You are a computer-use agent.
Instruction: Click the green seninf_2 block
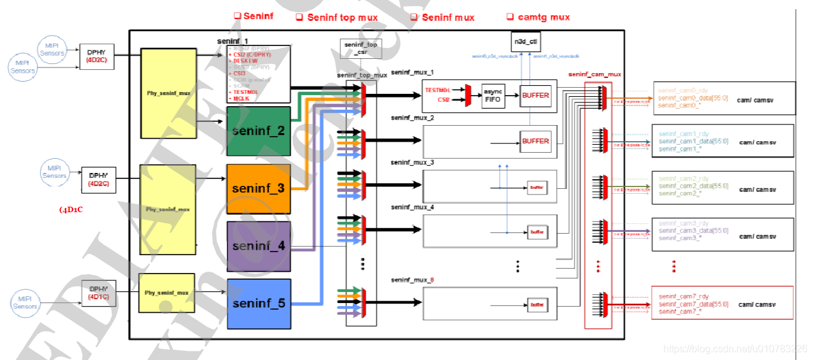(258, 131)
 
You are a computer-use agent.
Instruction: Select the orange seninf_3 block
(258, 188)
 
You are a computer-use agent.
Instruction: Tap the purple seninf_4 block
(258, 246)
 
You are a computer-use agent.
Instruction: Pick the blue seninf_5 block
(258, 303)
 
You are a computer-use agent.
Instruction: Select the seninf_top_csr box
(361, 49)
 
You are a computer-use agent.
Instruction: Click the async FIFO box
(493, 95)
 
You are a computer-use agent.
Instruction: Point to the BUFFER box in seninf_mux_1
(535, 95)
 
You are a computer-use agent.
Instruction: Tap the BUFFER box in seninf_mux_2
(535, 141)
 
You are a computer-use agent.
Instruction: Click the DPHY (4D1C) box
(98, 293)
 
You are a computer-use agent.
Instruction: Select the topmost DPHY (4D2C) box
(97, 56)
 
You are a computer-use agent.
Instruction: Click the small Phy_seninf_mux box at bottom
(166, 293)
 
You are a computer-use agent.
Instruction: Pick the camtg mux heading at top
(538, 17)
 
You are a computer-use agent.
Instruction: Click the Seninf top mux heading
(337, 17)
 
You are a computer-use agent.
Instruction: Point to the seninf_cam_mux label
(594, 74)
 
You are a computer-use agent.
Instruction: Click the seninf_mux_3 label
(412, 163)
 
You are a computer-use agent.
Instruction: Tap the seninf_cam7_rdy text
(683, 297)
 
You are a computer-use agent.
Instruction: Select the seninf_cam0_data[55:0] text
(693, 98)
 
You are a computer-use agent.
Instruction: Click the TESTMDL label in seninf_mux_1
(437, 90)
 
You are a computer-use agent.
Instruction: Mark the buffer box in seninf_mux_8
(537, 304)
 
